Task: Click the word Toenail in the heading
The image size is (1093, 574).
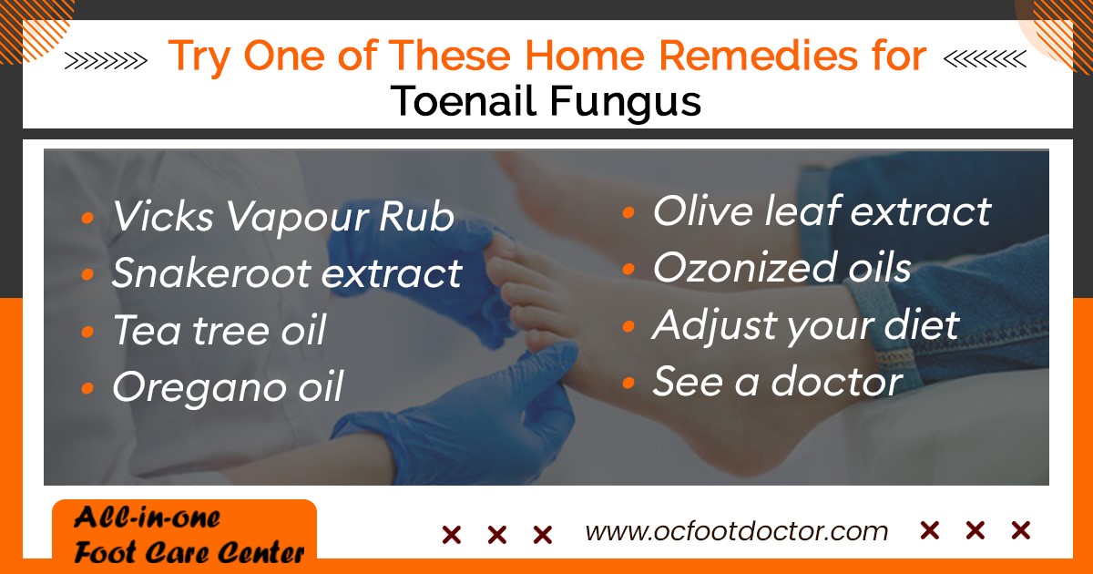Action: tap(464, 101)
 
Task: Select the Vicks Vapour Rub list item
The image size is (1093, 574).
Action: tap(283, 217)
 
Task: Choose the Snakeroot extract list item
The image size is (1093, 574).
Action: tap(287, 272)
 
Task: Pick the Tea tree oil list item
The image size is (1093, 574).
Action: tap(220, 330)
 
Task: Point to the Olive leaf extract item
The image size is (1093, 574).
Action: tap(822, 210)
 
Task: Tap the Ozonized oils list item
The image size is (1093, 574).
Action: tap(781, 268)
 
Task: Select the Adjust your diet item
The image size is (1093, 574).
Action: tap(806, 326)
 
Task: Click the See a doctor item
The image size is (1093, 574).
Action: tap(778, 381)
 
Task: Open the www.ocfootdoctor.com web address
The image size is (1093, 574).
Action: tap(737, 531)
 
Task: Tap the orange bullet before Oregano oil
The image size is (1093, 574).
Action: tap(87, 388)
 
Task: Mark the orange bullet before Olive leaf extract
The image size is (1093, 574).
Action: tap(628, 212)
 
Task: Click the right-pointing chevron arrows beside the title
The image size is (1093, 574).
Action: tap(106, 60)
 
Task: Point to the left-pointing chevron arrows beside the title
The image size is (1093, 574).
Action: tap(985, 59)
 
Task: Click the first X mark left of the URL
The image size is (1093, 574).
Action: tap(452, 535)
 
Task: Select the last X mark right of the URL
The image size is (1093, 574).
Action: tap(1021, 530)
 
